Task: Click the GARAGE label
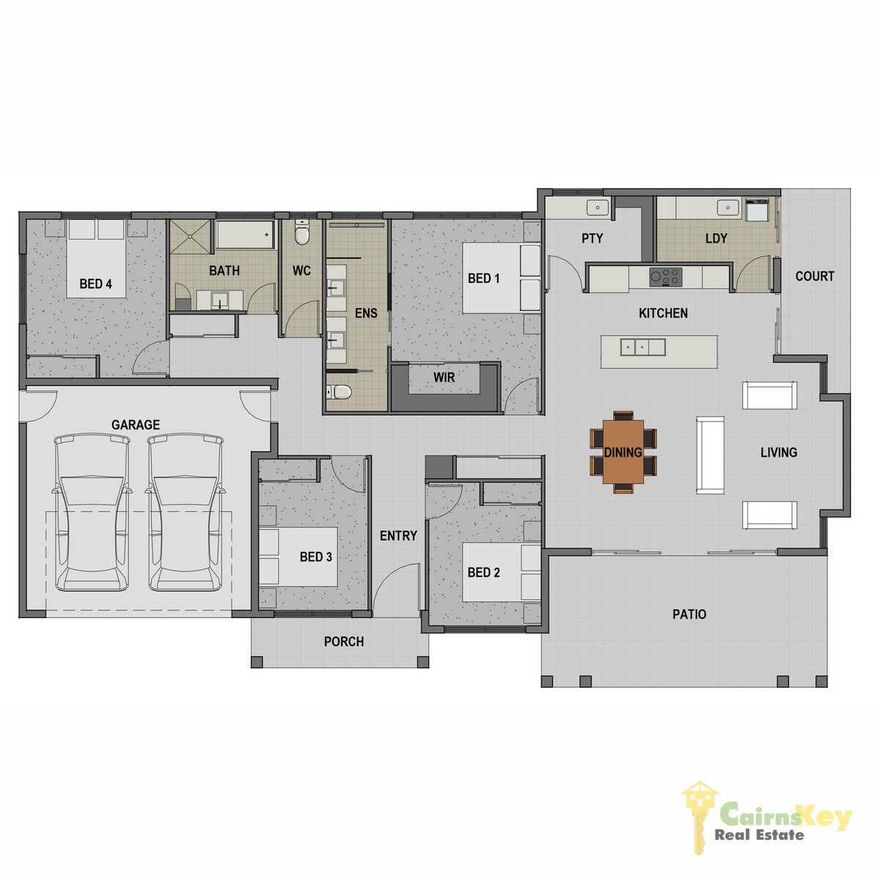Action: pyautogui.click(x=135, y=425)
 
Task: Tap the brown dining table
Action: pyautogui.click(x=623, y=451)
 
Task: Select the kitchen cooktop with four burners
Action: pyautogui.click(x=666, y=277)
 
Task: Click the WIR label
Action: pyautogui.click(x=444, y=377)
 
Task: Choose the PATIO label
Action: pyautogui.click(x=689, y=614)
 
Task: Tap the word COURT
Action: pyautogui.click(x=815, y=276)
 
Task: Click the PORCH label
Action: pyautogui.click(x=344, y=642)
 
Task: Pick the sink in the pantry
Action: pyautogui.click(x=598, y=208)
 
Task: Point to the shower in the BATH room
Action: pyautogui.click(x=191, y=235)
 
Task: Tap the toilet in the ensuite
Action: pyautogui.click(x=339, y=392)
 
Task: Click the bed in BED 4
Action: pyautogui.click(x=96, y=258)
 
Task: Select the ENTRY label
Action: pyautogui.click(x=398, y=535)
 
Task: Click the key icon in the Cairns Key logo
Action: pyautogui.click(x=699, y=813)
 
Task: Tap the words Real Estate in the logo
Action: pyautogui.click(x=759, y=835)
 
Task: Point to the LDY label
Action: pyautogui.click(x=716, y=238)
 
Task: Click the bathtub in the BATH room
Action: pyautogui.click(x=245, y=234)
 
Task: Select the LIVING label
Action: pyautogui.click(x=779, y=452)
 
